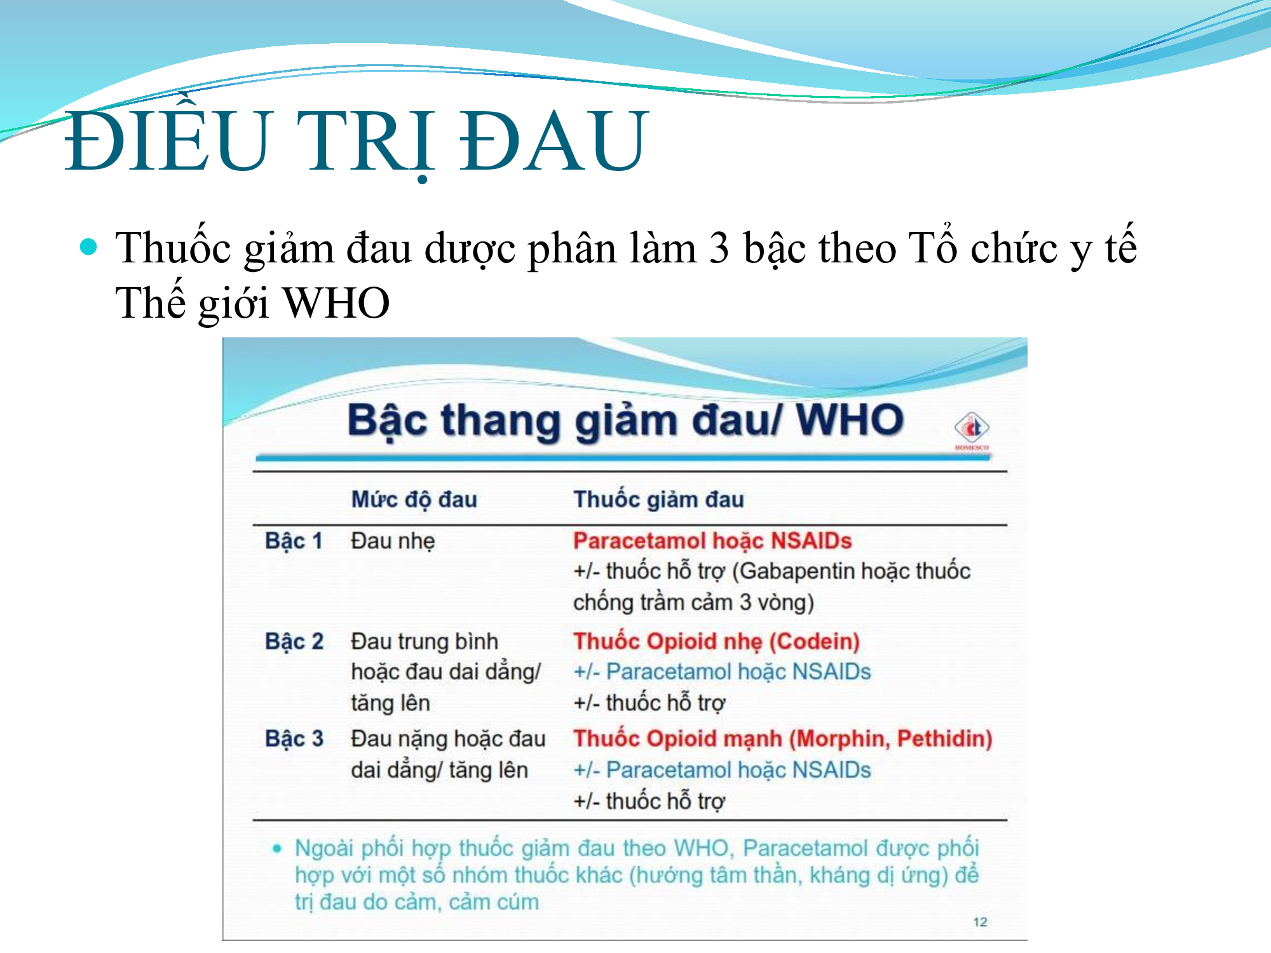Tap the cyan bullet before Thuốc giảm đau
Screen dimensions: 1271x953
point(89,247)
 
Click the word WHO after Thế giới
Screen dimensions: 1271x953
point(336,302)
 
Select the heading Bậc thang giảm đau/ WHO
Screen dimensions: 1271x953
point(625,421)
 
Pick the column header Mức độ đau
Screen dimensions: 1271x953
point(414,499)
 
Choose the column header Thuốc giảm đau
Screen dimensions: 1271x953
point(658,499)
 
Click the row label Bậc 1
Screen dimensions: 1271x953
point(294,541)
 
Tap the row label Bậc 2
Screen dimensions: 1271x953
point(294,641)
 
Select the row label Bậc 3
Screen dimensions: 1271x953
point(294,738)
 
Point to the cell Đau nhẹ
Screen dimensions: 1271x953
point(393,541)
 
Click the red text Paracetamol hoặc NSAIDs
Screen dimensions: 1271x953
point(712,541)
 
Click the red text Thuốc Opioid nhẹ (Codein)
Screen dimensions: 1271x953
point(716,641)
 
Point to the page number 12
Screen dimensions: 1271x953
point(980,922)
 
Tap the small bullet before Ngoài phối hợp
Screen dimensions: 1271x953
point(276,848)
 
